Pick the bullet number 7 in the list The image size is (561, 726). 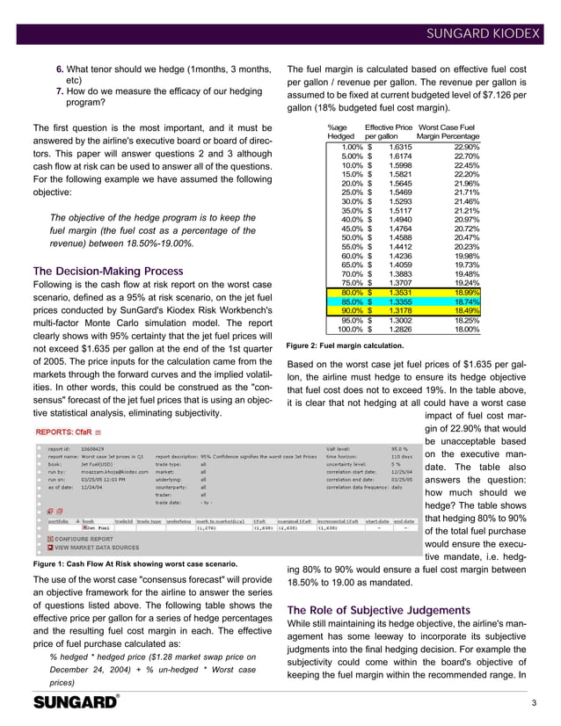pos(60,91)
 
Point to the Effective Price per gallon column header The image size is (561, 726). pos(388,132)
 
